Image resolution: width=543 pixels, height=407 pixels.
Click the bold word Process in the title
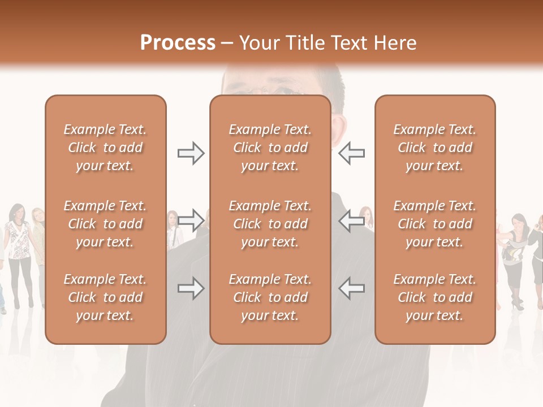pyautogui.click(x=178, y=43)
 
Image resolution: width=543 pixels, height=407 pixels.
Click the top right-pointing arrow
pyautogui.click(x=191, y=153)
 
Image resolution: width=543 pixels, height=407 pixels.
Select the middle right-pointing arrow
pyautogui.click(x=191, y=221)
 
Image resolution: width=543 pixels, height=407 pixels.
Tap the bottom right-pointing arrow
pyautogui.click(x=191, y=289)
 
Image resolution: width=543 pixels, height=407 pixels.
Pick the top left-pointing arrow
pyautogui.click(x=351, y=153)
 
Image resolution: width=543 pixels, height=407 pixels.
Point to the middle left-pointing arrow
pyautogui.click(x=351, y=221)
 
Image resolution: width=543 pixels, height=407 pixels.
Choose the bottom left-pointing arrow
pyautogui.click(x=351, y=289)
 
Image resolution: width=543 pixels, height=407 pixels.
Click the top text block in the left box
pyautogui.click(x=105, y=148)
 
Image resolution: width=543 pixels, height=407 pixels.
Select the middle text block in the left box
pyautogui.click(x=105, y=224)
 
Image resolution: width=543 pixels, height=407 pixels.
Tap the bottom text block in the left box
pyautogui.click(x=105, y=297)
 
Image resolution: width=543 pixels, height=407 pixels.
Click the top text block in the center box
pyautogui.click(x=270, y=148)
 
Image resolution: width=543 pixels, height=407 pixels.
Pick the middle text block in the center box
pyautogui.click(x=270, y=224)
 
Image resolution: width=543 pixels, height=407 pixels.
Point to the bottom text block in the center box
pyautogui.click(x=270, y=297)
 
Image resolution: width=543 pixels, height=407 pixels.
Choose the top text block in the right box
pyautogui.click(x=434, y=148)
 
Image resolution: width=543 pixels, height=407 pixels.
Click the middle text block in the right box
pyautogui.click(x=434, y=224)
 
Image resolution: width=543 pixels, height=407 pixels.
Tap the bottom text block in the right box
pyautogui.click(x=434, y=297)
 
